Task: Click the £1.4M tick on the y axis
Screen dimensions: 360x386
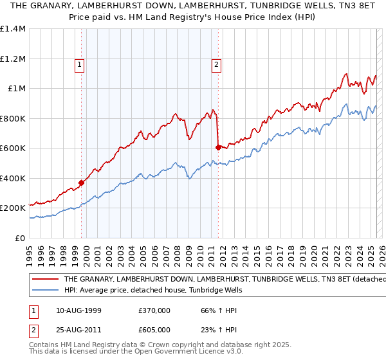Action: [13, 29]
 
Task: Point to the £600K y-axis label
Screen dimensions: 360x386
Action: [13, 148]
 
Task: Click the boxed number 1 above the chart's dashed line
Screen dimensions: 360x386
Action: [78, 64]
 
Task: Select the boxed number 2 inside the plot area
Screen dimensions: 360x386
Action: [216, 64]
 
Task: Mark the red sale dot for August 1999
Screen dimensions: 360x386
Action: [82, 183]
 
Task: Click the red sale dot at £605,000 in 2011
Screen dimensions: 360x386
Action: [218, 147]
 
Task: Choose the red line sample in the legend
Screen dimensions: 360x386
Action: [46, 279]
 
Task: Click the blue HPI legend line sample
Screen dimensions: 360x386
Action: [46, 291]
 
